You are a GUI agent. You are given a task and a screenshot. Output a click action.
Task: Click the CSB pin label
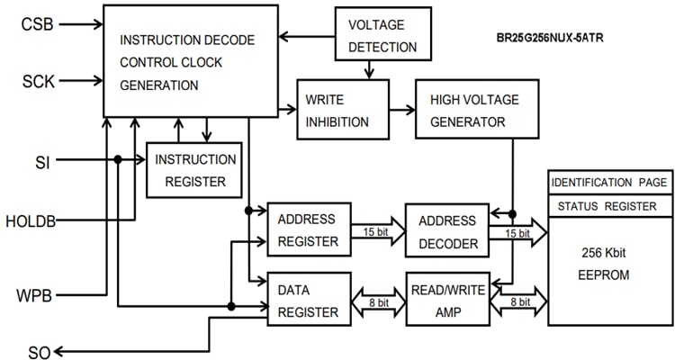point(37,23)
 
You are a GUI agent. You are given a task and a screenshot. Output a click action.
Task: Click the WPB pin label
point(34,295)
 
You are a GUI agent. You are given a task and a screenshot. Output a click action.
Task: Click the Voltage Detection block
point(382,35)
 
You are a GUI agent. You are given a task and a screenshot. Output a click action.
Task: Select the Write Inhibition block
point(343,109)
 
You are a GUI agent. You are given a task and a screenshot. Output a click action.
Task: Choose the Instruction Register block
point(194,170)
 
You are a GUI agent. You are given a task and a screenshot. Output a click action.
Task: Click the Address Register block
point(308,229)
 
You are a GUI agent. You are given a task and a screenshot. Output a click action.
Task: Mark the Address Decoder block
point(446,229)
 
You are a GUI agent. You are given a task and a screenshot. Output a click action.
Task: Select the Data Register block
point(308,300)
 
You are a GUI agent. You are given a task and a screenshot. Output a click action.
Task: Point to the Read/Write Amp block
point(446,300)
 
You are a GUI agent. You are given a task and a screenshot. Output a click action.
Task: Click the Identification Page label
point(610,182)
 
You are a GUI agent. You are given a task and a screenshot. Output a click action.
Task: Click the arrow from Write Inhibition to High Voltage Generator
point(401,109)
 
